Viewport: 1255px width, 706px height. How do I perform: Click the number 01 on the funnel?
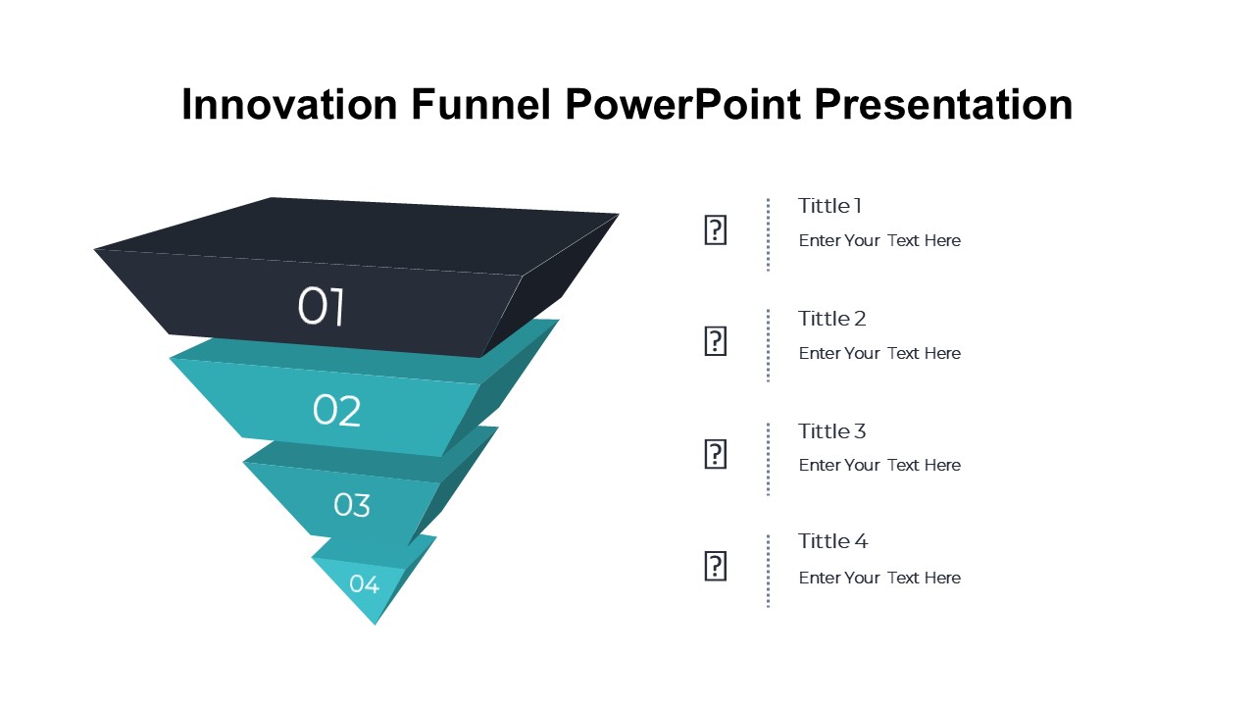tap(322, 307)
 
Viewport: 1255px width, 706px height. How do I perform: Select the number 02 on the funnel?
tap(336, 411)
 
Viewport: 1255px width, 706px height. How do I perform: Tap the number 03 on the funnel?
tap(352, 505)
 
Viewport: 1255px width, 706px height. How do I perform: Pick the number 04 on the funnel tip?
tap(364, 584)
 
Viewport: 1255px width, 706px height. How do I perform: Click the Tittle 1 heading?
tap(829, 206)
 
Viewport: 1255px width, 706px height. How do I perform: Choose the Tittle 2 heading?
tap(832, 319)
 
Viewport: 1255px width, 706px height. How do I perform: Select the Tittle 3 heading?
tap(832, 431)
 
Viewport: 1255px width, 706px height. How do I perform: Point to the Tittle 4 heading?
tap(832, 541)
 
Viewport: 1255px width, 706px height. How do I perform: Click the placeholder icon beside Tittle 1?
tap(716, 230)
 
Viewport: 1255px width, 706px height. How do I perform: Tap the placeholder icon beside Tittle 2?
tap(716, 341)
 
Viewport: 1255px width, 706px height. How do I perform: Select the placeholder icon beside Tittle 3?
tap(716, 454)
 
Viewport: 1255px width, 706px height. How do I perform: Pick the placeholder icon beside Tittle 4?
tap(716, 566)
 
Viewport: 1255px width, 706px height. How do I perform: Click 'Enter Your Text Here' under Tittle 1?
tap(879, 240)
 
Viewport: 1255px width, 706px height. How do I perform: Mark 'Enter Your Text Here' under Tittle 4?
tap(879, 578)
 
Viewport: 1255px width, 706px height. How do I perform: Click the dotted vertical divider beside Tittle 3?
tap(768, 459)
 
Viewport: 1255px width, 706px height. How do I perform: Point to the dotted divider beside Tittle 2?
tap(768, 345)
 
